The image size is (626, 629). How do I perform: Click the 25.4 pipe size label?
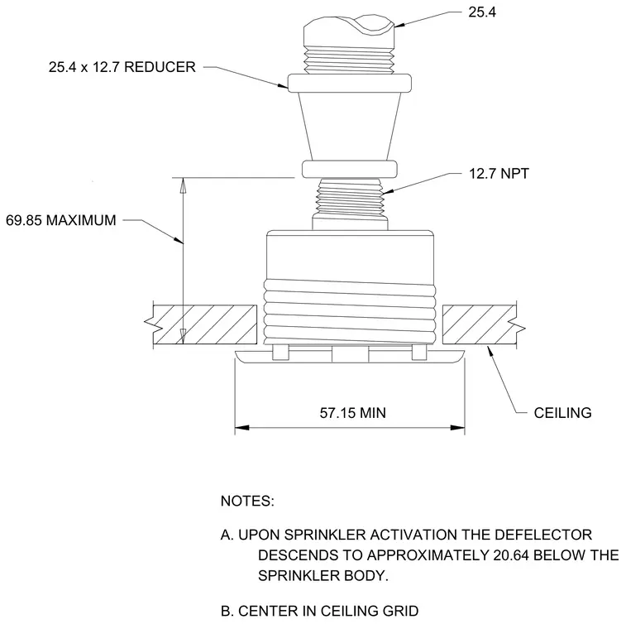tap(482, 12)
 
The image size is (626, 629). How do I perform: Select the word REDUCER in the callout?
tap(160, 67)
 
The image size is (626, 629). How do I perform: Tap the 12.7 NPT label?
tap(499, 174)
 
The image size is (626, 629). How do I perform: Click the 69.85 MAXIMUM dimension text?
tap(61, 220)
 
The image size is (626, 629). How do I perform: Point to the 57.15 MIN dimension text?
tap(352, 413)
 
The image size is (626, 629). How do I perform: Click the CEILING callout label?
tap(562, 413)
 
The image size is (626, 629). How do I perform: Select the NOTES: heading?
tap(247, 501)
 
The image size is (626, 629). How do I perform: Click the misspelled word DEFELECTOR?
tap(543, 535)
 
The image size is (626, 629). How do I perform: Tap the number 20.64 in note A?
tap(511, 555)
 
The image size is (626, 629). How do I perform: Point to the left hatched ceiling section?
tap(205, 324)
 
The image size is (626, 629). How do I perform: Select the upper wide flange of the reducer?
tap(350, 83)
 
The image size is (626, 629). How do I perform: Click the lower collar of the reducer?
tap(350, 170)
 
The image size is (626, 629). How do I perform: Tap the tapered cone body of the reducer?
tap(350, 127)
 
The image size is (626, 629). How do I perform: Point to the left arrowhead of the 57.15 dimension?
tap(242, 428)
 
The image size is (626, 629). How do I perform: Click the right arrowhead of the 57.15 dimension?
tap(457, 428)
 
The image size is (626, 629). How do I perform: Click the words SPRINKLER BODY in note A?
tap(323, 576)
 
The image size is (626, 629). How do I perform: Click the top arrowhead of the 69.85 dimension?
tap(183, 185)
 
